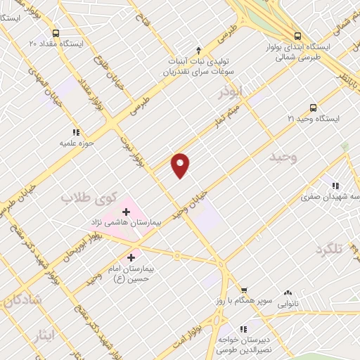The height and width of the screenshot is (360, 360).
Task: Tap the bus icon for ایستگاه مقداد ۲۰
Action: pos(56,32)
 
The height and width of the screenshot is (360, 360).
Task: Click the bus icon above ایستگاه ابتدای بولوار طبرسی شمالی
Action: pos(297,36)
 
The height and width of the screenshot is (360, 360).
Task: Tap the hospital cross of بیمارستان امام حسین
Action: pos(131,257)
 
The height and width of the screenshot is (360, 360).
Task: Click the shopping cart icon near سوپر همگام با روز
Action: pos(244,290)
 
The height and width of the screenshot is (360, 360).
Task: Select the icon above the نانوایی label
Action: pos(287,293)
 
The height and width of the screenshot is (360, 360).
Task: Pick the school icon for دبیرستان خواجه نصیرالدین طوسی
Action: pos(243,329)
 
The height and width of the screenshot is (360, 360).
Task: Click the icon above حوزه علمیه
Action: pos(75,131)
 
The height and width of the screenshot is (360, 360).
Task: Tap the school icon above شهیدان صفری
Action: pos(335,186)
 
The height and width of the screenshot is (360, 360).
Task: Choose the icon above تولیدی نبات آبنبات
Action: pos(198,50)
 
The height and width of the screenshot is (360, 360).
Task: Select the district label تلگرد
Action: pos(332,250)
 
